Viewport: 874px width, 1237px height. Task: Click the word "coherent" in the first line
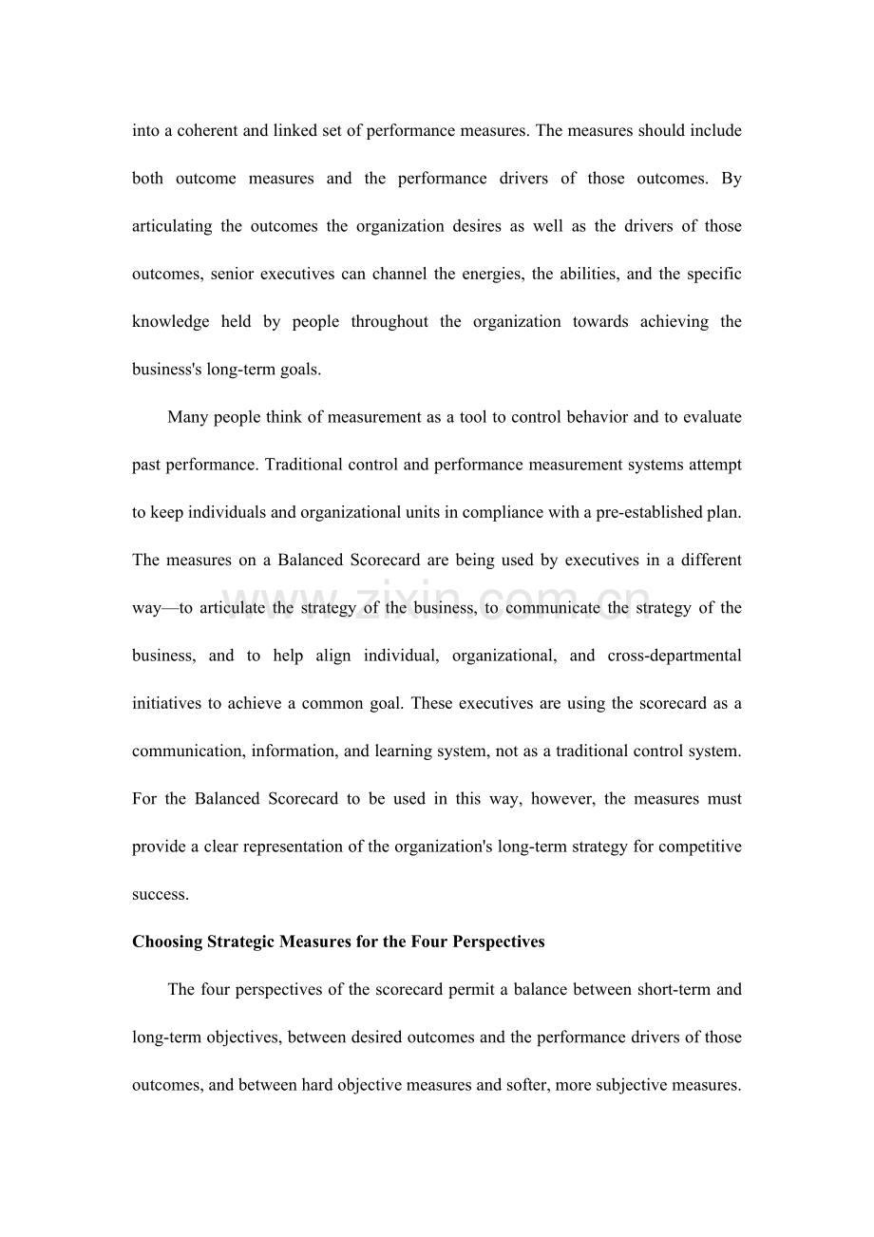click(207, 130)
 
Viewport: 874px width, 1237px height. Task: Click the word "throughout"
click(389, 322)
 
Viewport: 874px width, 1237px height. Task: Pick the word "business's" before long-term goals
click(166, 370)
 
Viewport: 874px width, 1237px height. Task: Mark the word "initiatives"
click(166, 703)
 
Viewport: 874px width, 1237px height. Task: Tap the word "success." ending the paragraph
click(161, 894)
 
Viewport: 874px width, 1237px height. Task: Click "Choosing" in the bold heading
click(167, 942)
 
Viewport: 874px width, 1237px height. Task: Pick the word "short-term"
click(674, 990)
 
